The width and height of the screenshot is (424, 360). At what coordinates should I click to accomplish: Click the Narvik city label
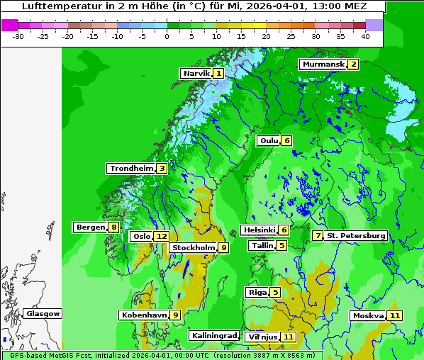coord(196,73)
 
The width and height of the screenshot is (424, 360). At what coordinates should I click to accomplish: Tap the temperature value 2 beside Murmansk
coord(352,64)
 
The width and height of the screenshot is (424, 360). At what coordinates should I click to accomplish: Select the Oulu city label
coord(269,140)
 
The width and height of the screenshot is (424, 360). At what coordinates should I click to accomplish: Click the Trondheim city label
coord(132,169)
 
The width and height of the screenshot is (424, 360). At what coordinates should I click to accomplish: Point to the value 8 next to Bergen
coord(113,227)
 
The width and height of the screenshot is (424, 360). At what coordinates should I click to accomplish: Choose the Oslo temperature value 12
coord(162,237)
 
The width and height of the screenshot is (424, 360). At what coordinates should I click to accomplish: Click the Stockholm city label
coord(193,247)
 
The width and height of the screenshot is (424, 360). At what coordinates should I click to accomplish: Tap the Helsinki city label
coord(258,230)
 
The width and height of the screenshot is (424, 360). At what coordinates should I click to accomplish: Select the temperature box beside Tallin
coord(282,246)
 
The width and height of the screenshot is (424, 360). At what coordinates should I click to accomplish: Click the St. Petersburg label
coord(356,235)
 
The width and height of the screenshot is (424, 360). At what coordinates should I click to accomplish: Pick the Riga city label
coord(257,292)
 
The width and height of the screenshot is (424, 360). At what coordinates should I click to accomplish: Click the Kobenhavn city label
coord(144,315)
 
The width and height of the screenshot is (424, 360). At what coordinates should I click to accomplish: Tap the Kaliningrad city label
coord(213,335)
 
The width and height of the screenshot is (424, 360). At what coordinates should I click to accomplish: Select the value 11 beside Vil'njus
coord(288,337)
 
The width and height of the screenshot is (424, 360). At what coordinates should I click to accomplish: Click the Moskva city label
coord(368,315)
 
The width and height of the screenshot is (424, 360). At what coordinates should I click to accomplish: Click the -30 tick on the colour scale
coord(18,35)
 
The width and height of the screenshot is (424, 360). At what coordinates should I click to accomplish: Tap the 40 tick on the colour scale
coord(365,35)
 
